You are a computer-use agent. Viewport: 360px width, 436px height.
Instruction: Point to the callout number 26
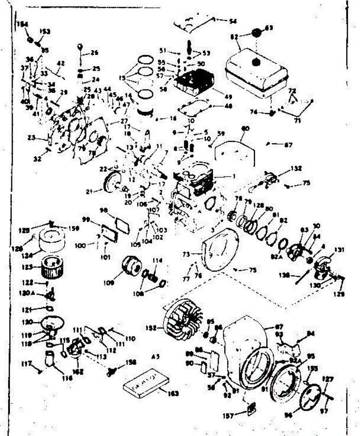pos(94,53)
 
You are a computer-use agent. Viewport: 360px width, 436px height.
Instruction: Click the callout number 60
pos(246,128)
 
